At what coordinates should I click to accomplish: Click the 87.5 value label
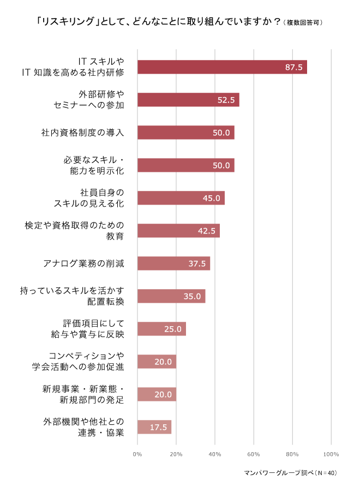(293, 67)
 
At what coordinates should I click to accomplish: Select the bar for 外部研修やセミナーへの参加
(188, 100)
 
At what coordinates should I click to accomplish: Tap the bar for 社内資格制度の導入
(185, 133)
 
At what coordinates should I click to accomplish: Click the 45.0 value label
(211, 198)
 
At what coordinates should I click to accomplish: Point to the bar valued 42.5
(178, 231)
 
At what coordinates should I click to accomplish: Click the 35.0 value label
(192, 296)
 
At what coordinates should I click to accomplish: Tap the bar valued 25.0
(161, 329)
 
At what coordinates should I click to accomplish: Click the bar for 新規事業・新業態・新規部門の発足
(157, 394)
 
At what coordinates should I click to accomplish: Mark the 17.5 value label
(158, 427)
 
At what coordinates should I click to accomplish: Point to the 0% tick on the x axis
(137, 454)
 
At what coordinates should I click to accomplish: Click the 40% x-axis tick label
(215, 454)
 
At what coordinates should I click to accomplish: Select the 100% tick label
(331, 454)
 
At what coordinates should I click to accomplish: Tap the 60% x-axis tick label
(254, 454)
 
